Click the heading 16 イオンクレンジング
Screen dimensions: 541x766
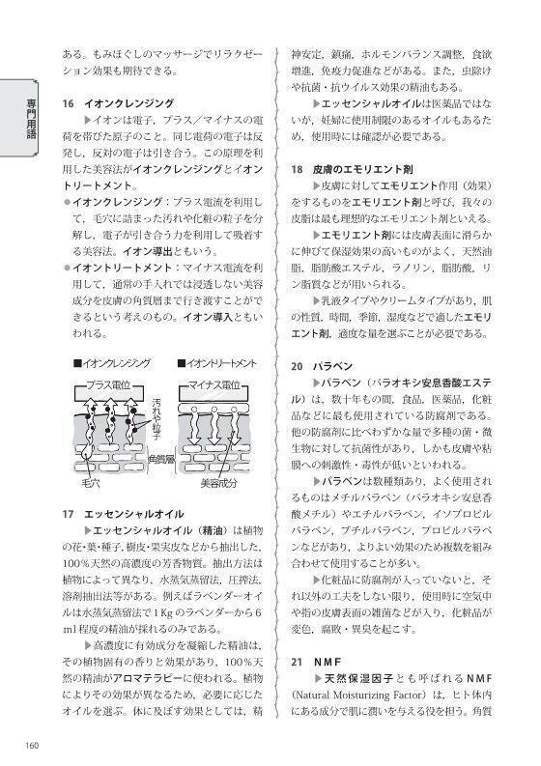pos(119,102)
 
